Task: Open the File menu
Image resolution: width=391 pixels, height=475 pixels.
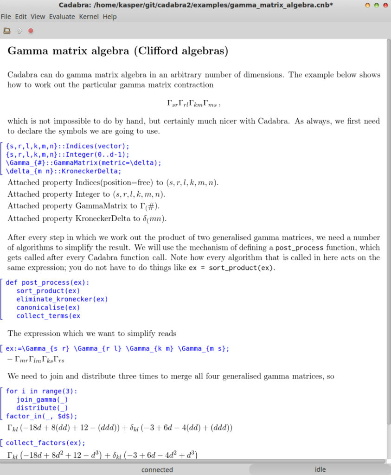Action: click(x=6, y=17)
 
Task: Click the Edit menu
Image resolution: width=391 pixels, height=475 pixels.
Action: click(x=21, y=17)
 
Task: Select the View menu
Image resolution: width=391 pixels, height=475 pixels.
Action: click(x=38, y=17)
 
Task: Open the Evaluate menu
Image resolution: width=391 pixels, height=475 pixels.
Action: click(x=62, y=17)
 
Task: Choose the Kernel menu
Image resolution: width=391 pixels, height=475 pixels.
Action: click(x=89, y=17)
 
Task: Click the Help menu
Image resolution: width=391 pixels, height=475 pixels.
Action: click(x=110, y=17)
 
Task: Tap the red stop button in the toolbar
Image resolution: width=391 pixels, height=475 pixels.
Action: click(x=31, y=31)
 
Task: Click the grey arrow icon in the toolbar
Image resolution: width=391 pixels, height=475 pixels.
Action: click(x=19, y=31)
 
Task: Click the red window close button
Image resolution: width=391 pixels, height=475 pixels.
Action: click(x=385, y=5)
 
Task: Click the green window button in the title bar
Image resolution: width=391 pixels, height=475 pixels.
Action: click(x=376, y=5)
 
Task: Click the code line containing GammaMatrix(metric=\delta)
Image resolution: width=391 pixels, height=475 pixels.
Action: click(x=83, y=163)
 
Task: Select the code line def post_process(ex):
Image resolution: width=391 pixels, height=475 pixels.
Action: click(x=47, y=282)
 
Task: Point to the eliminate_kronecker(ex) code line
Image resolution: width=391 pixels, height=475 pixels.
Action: click(x=62, y=299)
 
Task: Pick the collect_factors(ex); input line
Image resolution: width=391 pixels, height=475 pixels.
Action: click(x=45, y=443)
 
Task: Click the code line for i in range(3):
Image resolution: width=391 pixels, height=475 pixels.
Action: click(x=42, y=391)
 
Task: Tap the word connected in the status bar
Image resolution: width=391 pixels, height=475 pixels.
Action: click(x=157, y=469)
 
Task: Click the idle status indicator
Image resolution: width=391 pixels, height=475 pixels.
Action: click(x=320, y=469)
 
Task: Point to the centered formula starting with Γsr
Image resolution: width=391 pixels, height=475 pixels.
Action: click(x=193, y=104)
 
